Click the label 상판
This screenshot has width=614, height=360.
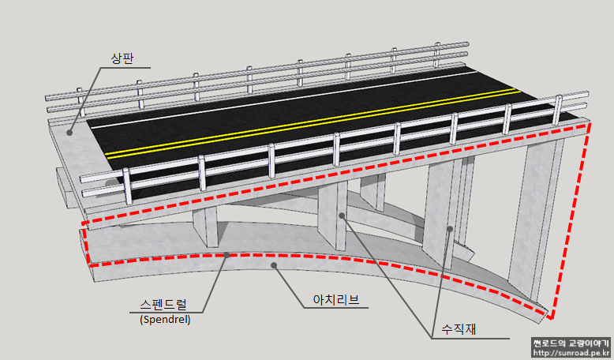pos(124,58)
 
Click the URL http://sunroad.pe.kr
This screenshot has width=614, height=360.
pos(571,353)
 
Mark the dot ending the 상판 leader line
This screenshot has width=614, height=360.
pos(69,132)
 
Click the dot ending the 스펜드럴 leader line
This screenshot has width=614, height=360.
pos(227,255)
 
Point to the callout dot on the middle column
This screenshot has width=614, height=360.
pos(341,215)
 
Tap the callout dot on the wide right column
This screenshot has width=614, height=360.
pos(449,229)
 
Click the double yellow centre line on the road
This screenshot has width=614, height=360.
pos(316,123)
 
